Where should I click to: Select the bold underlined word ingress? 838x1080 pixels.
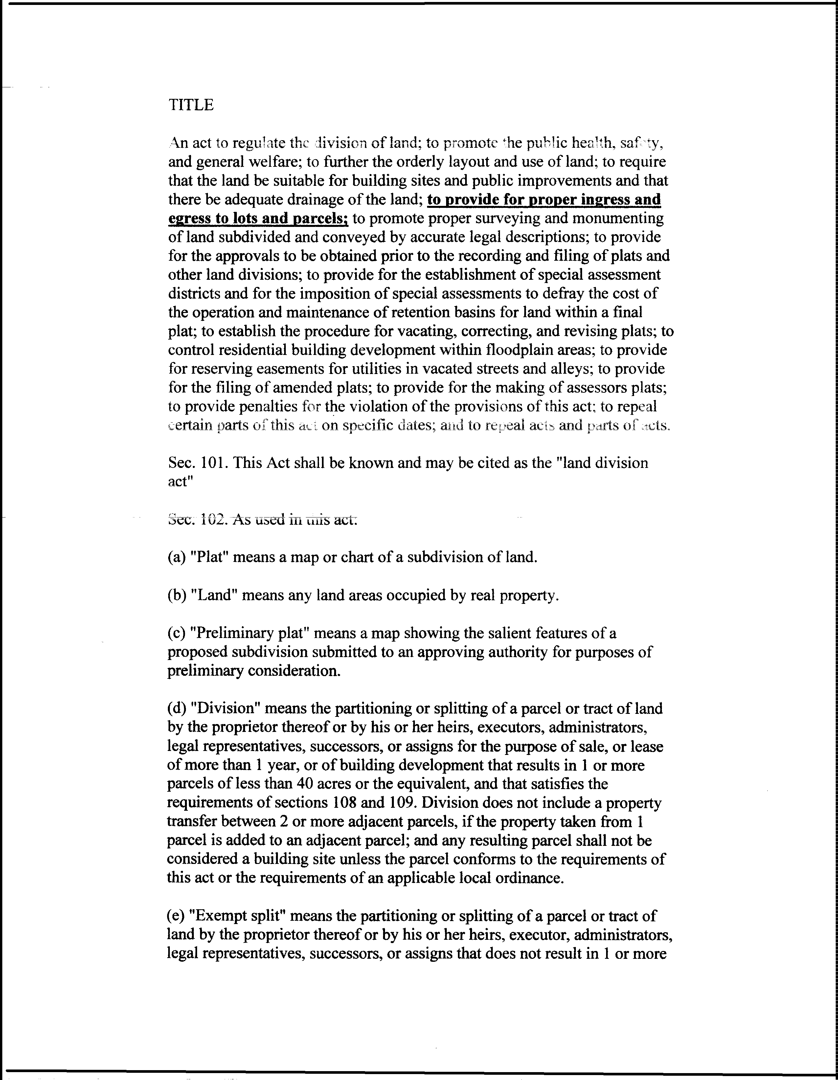pyautogui.click(x=607, y=199)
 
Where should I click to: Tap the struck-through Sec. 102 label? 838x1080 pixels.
pyautogui.click(x=198, y=519)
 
